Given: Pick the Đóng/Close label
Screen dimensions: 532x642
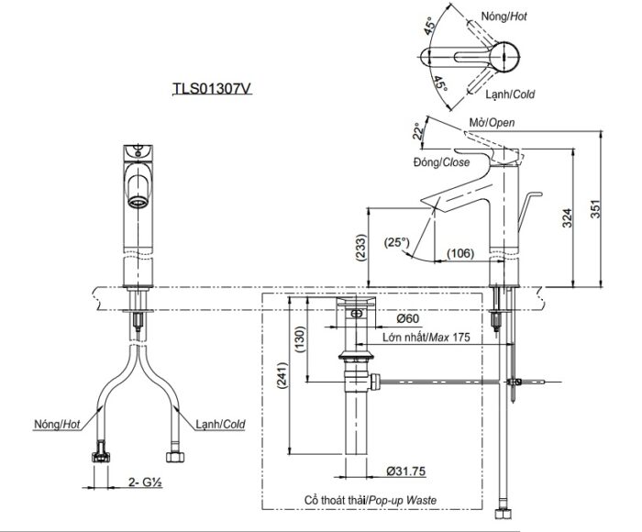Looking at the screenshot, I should tap(441, 162).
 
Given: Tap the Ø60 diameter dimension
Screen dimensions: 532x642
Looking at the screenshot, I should tap(409, 319).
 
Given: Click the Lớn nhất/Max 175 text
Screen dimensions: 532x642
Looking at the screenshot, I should tap(427, 338).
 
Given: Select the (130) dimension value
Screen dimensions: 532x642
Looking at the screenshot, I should tap(298, 338).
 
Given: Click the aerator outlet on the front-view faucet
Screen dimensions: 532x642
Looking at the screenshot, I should tap(138, 194).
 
